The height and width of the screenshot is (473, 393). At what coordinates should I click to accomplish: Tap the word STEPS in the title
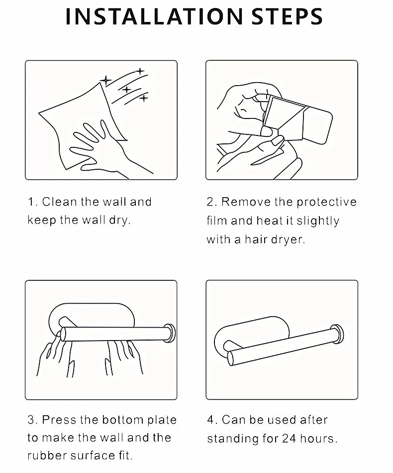(287, 16)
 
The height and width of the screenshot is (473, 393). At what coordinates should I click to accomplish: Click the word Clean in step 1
(60, 202)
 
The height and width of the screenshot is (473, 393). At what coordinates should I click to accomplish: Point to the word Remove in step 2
(246, 202)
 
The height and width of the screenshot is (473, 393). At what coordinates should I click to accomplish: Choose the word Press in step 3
(59, 420)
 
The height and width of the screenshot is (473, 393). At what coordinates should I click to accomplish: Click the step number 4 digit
(210, 420)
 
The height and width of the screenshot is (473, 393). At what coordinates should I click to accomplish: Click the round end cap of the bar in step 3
(170, 333)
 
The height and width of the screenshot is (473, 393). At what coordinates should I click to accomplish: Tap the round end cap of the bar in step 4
(338, 334)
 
